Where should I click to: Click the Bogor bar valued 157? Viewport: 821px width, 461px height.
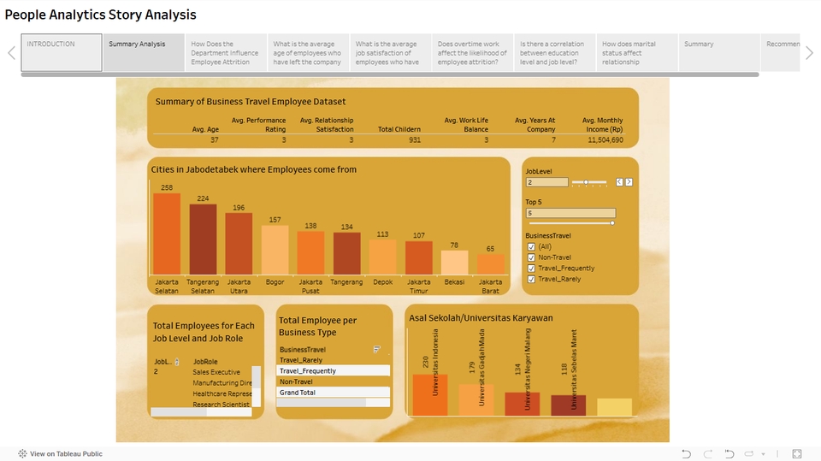pyautogui.click(x=275, y=249)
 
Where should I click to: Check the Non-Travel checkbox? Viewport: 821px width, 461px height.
pyautogui.click(x=531, y=257)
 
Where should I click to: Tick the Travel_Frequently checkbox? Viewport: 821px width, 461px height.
pyautogui.click(x=531, y=269)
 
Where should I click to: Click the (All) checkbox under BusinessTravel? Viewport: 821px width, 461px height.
pyautogui.click(x=531, y=246)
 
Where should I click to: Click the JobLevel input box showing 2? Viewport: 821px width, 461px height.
pyautogui.click(x=546, y=182)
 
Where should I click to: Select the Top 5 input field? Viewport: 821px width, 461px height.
pyautogui.click(x=570, y=213)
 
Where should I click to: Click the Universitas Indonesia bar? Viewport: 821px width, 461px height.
pyautogui.click(x=429, y=394)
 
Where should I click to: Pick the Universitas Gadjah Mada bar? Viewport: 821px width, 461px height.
pyautogui.click(x=475, y=399)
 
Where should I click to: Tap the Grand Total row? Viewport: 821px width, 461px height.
pyautogui.click(x=334, y=393)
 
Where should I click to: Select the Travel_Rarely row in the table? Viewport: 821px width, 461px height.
pyautogui.click(x=334, y=360)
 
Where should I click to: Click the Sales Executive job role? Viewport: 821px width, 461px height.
pyautogui.click(x=216, y=372)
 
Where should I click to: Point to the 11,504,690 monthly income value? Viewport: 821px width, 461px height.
pyautogui.click(x=605, y=139)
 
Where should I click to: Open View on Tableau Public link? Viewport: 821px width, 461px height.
pyautogui.click(x=66, y=453)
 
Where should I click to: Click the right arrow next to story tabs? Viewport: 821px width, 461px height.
pyautogui.click(x=809, y=53)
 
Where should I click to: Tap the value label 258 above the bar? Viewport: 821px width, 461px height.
pyautogui.click(x=167, y=188)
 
